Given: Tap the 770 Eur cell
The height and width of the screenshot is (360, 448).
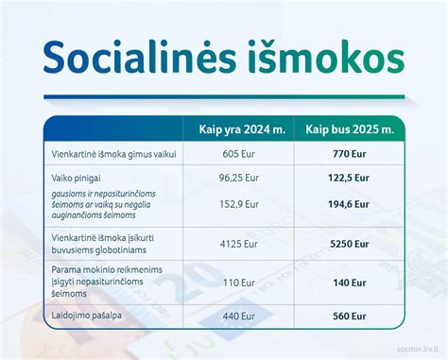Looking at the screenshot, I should click(x=350, y=153).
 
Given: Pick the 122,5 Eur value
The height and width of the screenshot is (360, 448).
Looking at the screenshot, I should click(x=350, y=177).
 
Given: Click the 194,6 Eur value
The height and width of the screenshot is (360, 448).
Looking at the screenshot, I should click(x=350, y=204).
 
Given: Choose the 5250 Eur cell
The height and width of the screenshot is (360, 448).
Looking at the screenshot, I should click(x=350, y=243).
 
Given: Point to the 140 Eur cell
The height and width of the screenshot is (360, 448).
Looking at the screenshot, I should click(x=350, y=282).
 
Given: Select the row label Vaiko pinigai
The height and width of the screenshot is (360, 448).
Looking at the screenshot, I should click(x=77, y=177).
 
